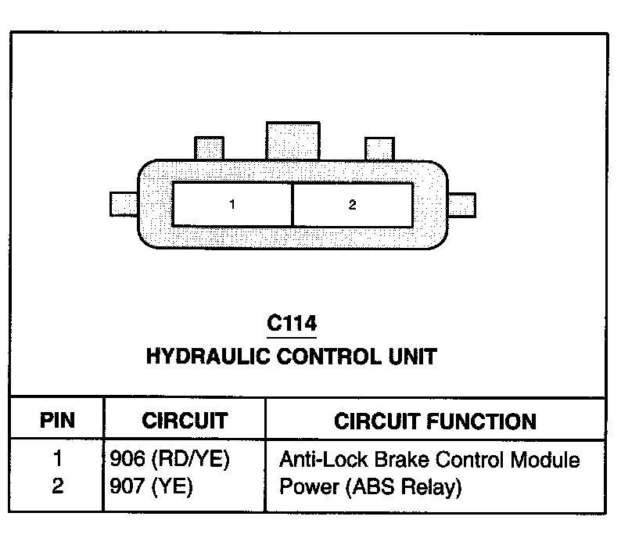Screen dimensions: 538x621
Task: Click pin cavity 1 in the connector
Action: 232,205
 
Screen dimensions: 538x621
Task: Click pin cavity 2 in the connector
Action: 353,205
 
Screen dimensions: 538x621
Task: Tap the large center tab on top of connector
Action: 293,141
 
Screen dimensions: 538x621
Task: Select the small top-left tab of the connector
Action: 209,149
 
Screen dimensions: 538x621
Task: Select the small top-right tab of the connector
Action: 379,149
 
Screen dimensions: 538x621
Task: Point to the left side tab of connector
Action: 124,205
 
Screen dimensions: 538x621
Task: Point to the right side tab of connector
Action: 463,205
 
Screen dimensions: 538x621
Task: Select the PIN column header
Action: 57,421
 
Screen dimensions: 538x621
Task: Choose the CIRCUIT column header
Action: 185,421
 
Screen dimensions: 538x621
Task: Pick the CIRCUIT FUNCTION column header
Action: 436,421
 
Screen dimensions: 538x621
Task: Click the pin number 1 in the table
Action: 58,460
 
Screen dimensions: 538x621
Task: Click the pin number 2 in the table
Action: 58,487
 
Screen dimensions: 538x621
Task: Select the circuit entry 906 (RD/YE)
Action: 171,460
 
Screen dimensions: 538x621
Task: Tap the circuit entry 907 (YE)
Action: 152,487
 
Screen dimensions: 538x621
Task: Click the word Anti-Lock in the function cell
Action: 314,460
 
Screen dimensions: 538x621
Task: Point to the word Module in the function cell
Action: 553,460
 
